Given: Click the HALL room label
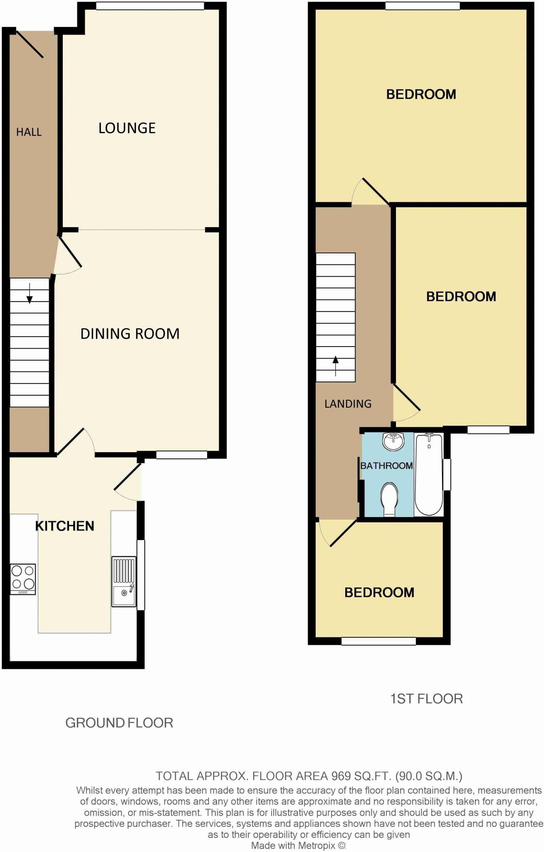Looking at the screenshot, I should point(29,132).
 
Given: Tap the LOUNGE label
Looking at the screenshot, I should point(127,128).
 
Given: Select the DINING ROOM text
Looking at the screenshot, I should point(130,334).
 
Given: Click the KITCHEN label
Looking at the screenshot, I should point(64,526).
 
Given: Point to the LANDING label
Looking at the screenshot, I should point(348,404).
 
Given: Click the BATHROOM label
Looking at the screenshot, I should point(386,466).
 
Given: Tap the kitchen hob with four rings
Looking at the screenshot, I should point(23,579).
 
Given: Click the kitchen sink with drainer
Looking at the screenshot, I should point(124,581).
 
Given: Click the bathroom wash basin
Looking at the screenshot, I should point(393,441).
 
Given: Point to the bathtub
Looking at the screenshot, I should point(429,474).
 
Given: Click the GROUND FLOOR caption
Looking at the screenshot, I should point(119,723).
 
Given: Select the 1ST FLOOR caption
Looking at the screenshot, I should point(426,698).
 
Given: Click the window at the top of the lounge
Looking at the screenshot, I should point(150,6).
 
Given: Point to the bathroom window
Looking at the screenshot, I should point(447,474).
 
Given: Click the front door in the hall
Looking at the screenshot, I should point(30,43).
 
